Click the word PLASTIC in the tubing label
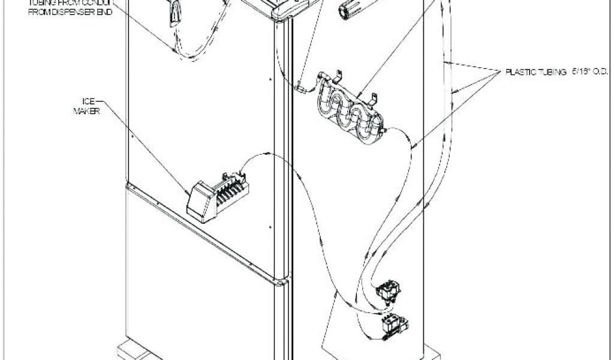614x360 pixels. pos(519,72)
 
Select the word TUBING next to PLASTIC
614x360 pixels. pos(549,72)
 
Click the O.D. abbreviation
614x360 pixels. pos(601,72)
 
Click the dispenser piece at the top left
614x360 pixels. pos(173,12)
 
